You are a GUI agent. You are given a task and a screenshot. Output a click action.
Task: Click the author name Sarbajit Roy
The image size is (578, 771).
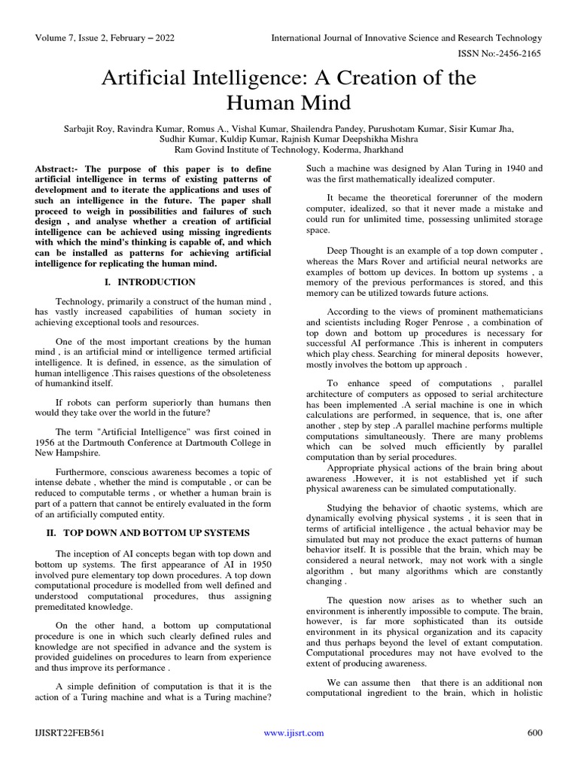coord(90,129)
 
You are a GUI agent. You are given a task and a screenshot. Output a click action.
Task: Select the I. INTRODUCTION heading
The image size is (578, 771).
coord(148,282)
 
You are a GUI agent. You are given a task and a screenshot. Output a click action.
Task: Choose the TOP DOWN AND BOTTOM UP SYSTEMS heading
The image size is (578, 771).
coord(157,533)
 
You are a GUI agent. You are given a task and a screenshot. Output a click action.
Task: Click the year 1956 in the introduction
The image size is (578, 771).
coord(47,443)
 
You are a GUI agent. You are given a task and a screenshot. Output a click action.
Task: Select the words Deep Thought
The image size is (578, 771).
coord(352,251)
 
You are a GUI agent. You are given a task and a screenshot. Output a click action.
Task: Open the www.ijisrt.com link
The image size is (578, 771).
coord(294,733)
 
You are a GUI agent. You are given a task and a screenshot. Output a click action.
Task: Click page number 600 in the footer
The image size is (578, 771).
coord(534,733)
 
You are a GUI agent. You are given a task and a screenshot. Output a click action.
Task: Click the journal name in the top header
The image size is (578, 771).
coord(406,38)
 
